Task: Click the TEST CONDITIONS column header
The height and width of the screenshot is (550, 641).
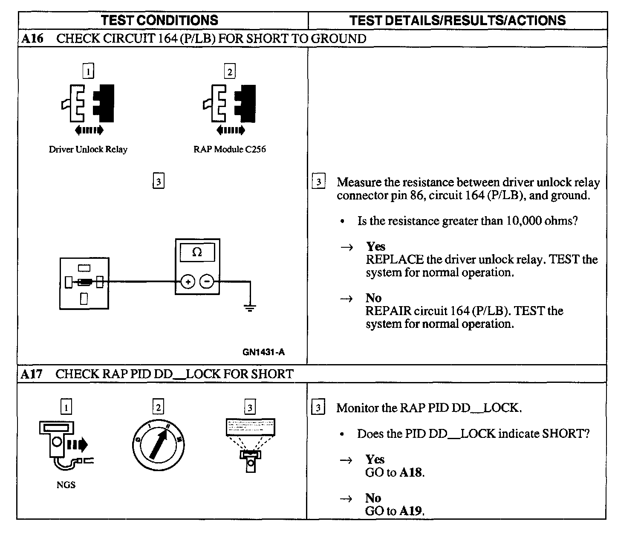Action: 159,20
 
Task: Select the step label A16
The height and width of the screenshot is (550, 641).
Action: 32,38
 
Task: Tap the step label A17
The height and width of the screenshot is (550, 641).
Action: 32,374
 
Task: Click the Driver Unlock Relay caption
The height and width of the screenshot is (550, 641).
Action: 88,149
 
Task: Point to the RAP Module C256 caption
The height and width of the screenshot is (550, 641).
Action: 229,149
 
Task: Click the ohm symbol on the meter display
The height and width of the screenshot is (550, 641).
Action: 197,252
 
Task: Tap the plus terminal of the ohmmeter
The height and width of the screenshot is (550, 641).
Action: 188,281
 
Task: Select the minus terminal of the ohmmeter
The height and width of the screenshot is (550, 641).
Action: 207,281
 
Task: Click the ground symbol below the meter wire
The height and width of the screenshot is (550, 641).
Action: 250,308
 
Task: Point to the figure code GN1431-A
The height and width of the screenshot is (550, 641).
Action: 263,352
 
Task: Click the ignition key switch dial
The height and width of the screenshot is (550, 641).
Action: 158,445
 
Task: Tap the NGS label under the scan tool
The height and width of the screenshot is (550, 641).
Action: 66,485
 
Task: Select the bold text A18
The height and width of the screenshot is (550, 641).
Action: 411,472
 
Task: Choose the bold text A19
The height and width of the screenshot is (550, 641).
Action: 411,511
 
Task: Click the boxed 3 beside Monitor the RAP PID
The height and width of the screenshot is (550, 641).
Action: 318,408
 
